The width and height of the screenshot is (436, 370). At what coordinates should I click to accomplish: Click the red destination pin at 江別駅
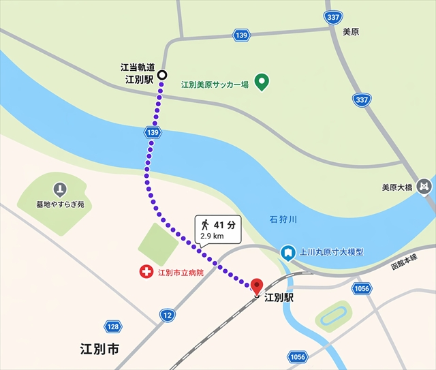click(257, 286)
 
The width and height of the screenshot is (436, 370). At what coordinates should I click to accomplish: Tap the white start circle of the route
click(162, 74)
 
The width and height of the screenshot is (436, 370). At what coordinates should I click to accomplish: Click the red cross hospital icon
click(145, 273)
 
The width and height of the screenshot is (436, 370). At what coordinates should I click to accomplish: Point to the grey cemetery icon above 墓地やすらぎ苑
click(60, 189)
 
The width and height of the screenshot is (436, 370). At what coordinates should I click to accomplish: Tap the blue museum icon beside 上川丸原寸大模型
click(288, 252)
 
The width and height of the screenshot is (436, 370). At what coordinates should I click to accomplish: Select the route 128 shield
click(113, 327)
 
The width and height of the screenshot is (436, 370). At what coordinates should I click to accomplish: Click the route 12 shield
click(168, 315)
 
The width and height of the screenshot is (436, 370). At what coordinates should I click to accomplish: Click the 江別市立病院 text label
click(180, 273)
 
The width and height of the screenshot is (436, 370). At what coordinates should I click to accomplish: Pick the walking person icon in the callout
click(204, 224)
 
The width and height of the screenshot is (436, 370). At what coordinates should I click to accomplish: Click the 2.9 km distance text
click(211, 236)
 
